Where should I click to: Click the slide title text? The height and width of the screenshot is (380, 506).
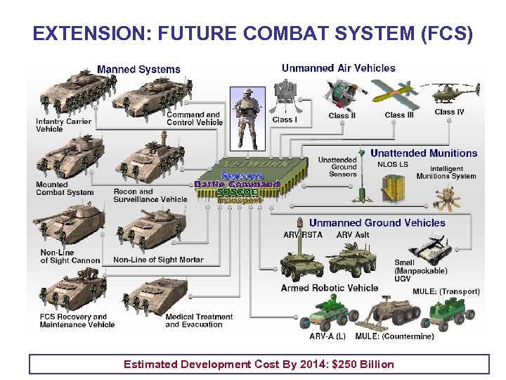[253, 33]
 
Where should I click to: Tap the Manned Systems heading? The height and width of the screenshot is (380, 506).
[138, 69]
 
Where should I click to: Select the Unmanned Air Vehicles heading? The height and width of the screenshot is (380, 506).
[338, 68]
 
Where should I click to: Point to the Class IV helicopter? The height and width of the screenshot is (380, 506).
[448, 93]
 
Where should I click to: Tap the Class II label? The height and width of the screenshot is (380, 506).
[342, 115]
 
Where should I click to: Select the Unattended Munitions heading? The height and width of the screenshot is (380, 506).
[423, 153]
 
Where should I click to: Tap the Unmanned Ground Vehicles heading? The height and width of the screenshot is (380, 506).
[377, 223]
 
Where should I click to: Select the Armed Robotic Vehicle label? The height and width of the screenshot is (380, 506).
[329, 288]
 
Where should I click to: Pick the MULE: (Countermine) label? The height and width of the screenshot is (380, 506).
[394, 336]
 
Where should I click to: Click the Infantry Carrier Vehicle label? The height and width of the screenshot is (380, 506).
[63, 125]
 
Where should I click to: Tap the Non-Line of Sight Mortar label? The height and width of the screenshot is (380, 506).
[158, 260]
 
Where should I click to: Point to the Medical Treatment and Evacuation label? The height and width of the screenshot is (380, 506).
[199, 321]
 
